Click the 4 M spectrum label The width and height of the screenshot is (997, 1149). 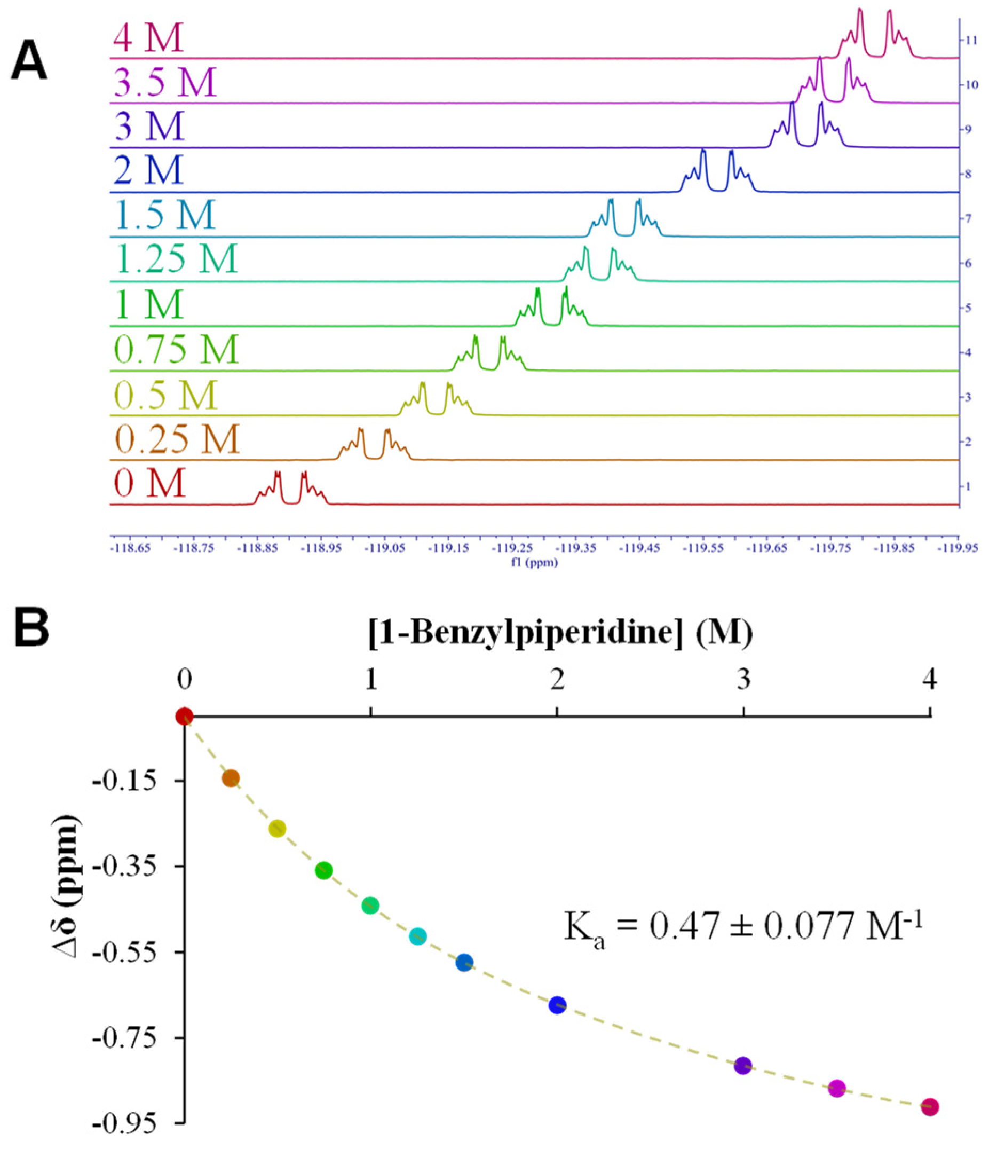(x=148, y=38)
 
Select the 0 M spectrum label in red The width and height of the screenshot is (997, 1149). (x=149, y=483)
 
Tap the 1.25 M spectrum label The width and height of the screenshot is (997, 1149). (x=177, y=259)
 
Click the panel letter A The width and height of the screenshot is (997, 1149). (x=28, y=62)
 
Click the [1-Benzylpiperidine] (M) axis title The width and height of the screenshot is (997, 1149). (x=560, y=633)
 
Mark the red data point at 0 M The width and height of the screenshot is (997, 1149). (x=184, y=716)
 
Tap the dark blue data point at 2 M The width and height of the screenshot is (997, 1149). (x=557, y=1005)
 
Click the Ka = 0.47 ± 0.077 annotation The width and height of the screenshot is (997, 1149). (x=743, y=926)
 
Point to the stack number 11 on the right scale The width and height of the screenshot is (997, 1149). (x=972, y=40)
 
